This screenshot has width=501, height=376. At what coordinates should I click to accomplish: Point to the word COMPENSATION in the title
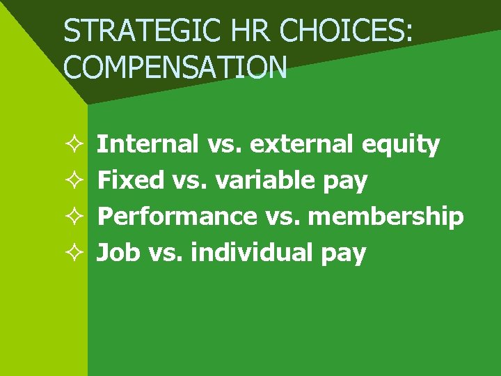(175, 67)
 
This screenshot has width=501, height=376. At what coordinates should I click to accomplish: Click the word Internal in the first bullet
(148, 144)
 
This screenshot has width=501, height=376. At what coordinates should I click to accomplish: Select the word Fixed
(130, 180)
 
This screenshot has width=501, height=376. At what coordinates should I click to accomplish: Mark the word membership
(385, 217)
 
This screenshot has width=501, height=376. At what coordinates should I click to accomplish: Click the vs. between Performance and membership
(282, 217)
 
